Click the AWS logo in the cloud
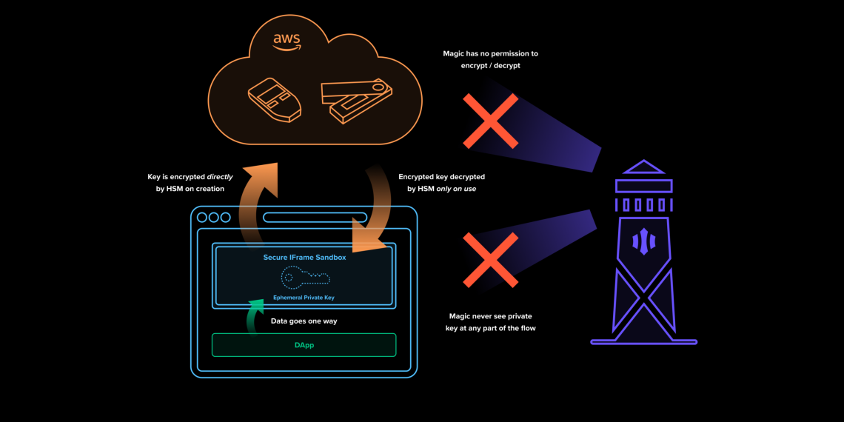tap(287, 41)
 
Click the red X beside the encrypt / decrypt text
tap(490, 121)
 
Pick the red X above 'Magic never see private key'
tap(490, 259)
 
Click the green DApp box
tap(304, 345)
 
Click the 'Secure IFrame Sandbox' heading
tap(304, 258)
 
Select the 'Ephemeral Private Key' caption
tap(304, 297)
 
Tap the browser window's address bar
tap(315, 218)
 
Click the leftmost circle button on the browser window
tap(202, 218)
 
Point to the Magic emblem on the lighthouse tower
tap(643, 241)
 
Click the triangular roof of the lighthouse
tap(643, 167)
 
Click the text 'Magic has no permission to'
tap(490, 54)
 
